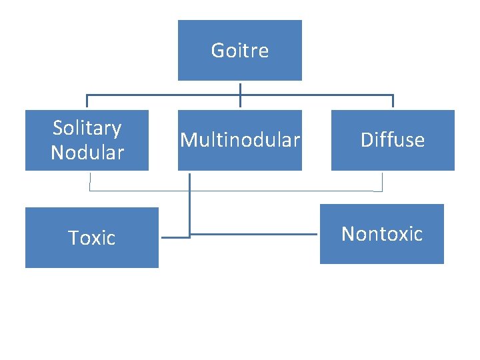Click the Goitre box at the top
click(x=239, y=50)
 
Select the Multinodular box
click(x=239, y=140)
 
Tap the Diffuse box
click(x=393, y=140)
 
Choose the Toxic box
click(x=91, y=237)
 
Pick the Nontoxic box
click(x=381, y=233)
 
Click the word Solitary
click(x=87, y=128)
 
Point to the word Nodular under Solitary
click(x=87, y=153)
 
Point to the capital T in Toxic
click(x=73, y=238)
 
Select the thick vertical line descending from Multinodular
click(x=190, y=200)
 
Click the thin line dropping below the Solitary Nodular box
click(x=90, y=181)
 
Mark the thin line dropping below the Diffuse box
click(x=383, y=181)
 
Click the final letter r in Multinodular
click(x=297, y=141)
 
